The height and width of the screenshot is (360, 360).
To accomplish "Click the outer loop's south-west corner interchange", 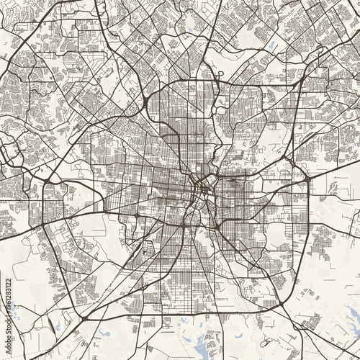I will [83, 318].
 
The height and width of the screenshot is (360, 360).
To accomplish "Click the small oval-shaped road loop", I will [218, 74].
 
